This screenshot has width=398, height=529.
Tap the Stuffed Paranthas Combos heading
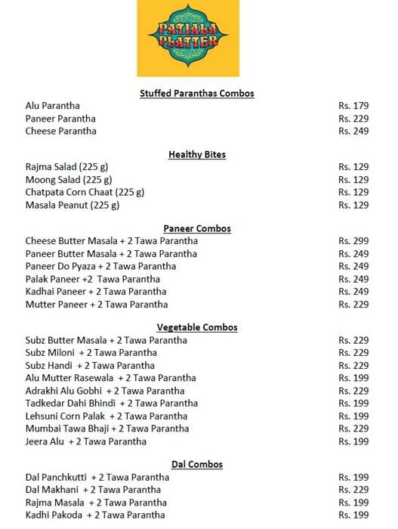[x=197, y=93]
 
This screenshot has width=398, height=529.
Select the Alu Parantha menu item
[x=53, y=106]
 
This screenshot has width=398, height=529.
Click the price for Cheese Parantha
[x=353, y=131]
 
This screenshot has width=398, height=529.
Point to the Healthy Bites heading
[x=197, y=155]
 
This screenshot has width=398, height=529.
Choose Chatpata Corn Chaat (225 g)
[x=85, y=192]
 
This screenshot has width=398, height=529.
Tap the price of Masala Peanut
[x=353, y=205]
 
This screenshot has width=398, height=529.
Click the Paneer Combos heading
[x=197, y=228]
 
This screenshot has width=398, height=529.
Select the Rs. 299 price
[x=353, y=241]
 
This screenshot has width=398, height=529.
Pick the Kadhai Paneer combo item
[x=96, y=292]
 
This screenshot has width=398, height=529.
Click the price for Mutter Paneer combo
[x=353, y=305]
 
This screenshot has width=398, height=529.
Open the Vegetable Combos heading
[x=197, y=327]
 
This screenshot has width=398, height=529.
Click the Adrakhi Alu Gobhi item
[x=105, y=391]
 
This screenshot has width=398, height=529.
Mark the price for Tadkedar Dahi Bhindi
[x=353, y=404]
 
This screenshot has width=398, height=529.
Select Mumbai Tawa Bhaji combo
[x=107, y=428]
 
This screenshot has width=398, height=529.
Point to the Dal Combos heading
[x=197, y=464]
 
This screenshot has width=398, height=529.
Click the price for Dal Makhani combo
[x=353, y=490]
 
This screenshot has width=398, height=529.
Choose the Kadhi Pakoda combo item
[x=95, y=515]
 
